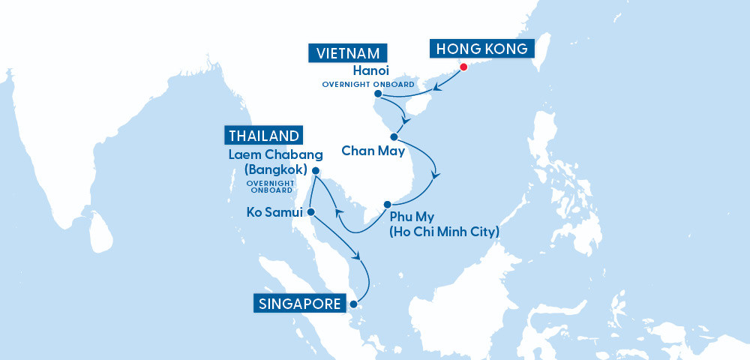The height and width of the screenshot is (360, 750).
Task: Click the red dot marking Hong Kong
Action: pyautogui.click(x=463, y=67)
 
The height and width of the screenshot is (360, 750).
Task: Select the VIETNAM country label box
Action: pyautogui.click(x=348, y=54)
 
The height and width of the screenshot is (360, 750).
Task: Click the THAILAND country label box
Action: pyautogui.click(x=264, y=136)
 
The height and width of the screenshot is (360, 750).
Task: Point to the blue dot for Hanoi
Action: pyautogui.click(x=378, y=94)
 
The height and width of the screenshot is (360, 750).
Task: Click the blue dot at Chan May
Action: pyautogui.click(x=394, y=136)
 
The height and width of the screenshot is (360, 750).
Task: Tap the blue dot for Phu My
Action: pyautogui.click(x=387, y=205)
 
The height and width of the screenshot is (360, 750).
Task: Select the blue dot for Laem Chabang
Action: pyautogui.click(x=316, y=171)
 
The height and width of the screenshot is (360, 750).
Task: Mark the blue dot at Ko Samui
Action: pyautogui.click(x=310, y=211)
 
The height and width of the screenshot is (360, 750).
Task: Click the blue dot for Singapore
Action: pyautogui.click(x=353, y=304)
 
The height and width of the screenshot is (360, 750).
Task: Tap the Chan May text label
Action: pyautogui.click(x=373, y=151)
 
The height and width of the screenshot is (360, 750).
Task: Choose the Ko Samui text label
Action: pyautogui.click(x=274, y=213)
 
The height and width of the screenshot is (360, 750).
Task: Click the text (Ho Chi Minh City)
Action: pyautogui.click(x=442, y=232)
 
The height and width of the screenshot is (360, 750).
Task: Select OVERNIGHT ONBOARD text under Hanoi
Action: pyautogui.click(x=367, y=84)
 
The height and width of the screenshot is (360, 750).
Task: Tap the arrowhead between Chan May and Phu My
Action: pyautogui.click(x=434, y=174)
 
